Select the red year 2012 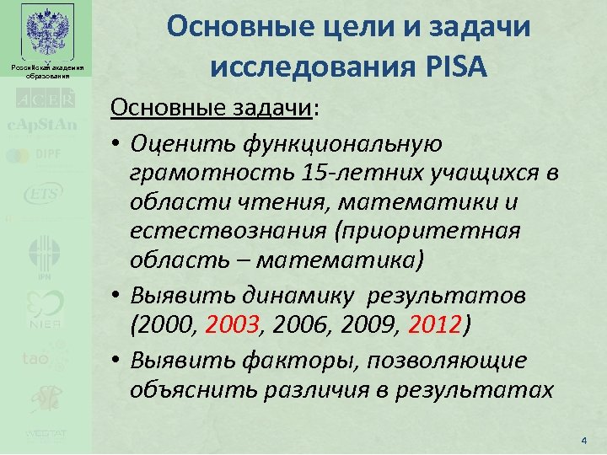(434, 325)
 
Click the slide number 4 (583, 440)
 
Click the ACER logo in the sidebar (46, 99)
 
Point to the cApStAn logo (43, 126)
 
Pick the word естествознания (219, 231)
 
